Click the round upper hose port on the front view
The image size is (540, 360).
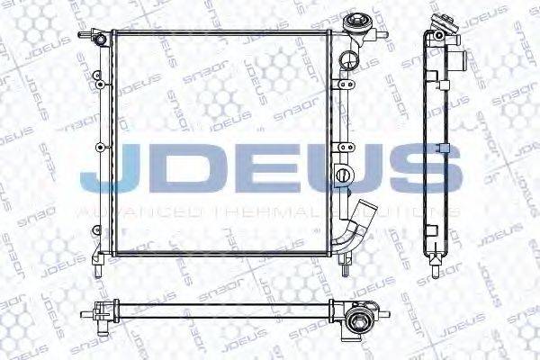(x=346, y=60)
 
